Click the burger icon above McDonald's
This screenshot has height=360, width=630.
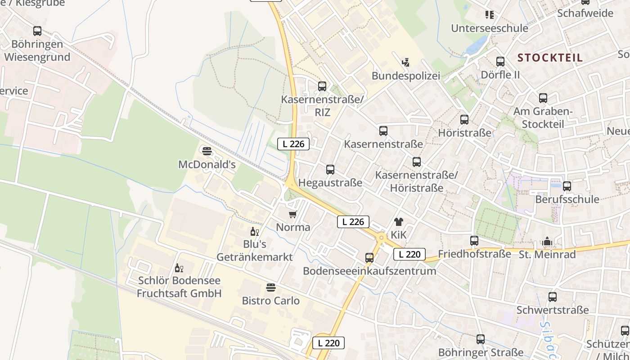tap(207, 151)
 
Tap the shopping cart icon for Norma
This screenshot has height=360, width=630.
tap(293, 214)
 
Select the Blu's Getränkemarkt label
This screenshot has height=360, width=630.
tap(255, 251)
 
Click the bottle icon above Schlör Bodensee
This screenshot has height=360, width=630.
tap(179, 268)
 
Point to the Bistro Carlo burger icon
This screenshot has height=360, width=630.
tap(271, 287)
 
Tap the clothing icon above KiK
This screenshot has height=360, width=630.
tap(399, 222)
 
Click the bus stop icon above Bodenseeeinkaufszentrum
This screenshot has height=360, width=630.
tap(369, 258)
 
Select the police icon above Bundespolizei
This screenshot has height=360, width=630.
tap(405, 62)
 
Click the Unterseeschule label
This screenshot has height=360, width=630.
tap(490, 28)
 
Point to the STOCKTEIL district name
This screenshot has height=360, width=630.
tap(550, 58)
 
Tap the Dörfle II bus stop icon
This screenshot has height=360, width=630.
tap(500, 62)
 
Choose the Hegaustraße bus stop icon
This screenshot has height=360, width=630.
tap(330, 170)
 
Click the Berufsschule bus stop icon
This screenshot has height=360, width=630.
tap(567, 186)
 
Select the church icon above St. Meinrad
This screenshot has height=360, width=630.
tap(547, 242)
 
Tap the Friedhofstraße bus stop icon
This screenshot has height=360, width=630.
tap(474, 241)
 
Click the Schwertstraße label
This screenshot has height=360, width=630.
tap(553, 310)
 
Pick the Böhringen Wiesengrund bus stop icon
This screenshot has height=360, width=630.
tap(37, 31)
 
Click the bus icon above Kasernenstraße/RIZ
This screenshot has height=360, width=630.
tap(322, 86)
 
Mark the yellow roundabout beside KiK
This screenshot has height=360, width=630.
tap(382, 237)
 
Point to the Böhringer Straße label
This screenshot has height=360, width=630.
tap(481, 352)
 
